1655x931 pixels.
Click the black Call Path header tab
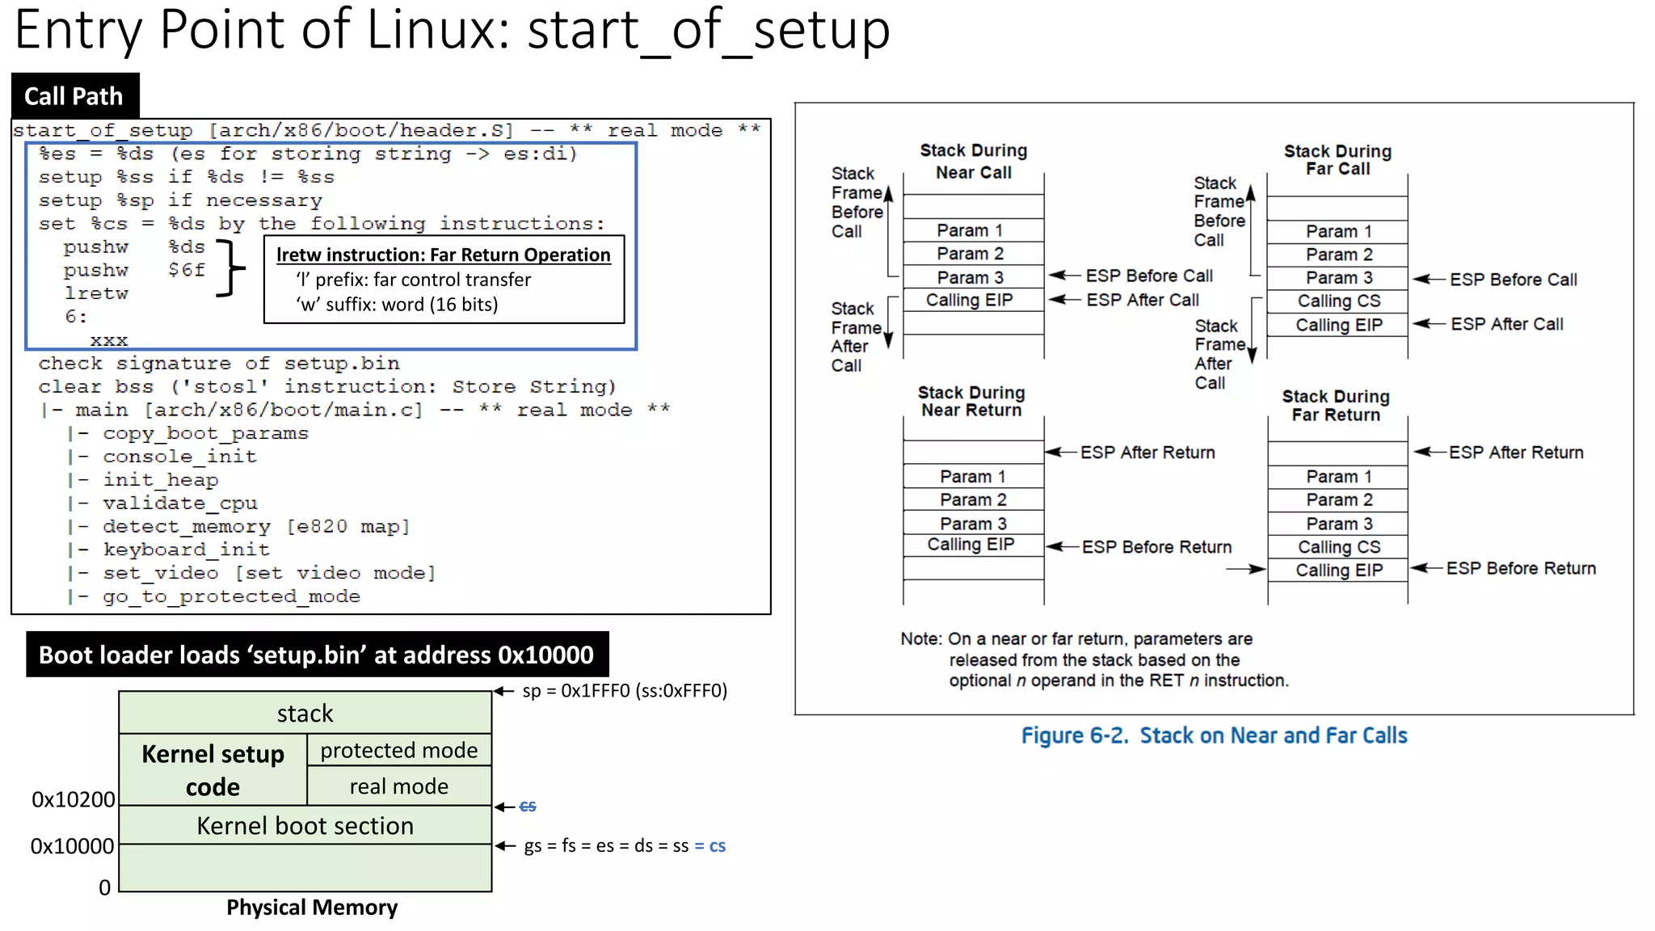74,96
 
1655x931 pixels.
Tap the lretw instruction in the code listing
96,293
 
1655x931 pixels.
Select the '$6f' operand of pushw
187,270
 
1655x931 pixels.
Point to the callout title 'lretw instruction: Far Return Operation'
443,255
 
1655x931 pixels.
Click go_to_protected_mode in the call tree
231,596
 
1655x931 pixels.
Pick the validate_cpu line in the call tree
180,503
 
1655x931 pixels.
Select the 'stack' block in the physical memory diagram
305,713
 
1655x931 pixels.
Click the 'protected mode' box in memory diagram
398,751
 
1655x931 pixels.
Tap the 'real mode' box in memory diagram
398,786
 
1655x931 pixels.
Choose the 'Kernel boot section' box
305,826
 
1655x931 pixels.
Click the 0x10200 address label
73,799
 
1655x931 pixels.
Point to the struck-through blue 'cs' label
528,807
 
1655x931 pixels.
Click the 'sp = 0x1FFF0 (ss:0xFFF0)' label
624,691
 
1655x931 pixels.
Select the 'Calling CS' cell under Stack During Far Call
1338,301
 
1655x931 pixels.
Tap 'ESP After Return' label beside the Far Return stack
1515,453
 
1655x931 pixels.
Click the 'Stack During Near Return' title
971,401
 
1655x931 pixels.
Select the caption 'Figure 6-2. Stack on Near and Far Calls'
1214,735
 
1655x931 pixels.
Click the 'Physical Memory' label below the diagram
312,908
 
